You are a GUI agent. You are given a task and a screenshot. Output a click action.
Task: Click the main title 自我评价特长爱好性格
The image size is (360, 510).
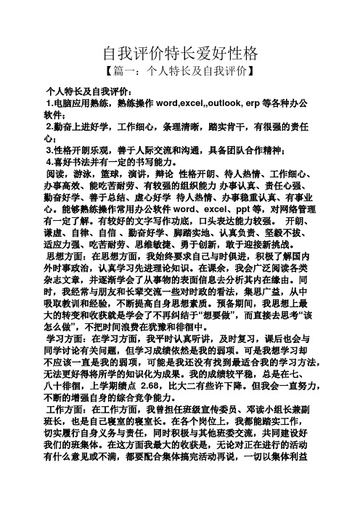pos(179,54)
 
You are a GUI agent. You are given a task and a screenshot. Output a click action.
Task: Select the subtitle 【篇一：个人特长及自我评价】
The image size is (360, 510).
pos(179,73)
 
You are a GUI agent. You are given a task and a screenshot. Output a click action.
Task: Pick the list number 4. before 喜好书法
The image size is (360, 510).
pos(49,162)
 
